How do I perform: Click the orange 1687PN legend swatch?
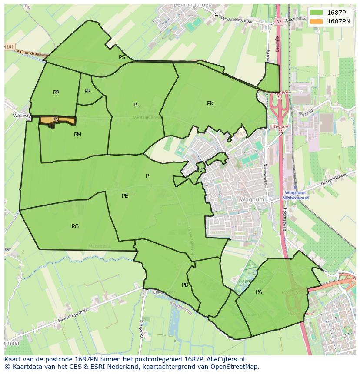317,21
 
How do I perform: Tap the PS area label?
122,57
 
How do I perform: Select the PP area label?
56,93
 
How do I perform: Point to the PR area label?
87,91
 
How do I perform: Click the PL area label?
137,105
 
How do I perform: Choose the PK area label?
210,103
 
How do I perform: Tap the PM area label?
77,135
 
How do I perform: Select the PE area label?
125,196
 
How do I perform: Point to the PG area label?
75,226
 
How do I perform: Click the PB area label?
185,285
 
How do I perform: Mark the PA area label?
259,292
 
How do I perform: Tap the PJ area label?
200,169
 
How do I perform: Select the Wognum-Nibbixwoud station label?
296,195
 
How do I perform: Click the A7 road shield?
278,21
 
